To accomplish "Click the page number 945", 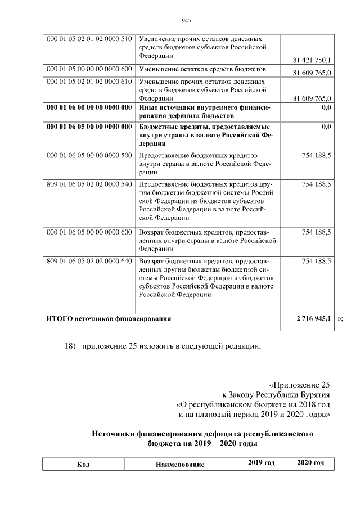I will pos(187,21).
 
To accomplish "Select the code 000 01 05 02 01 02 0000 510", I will pos(89,39).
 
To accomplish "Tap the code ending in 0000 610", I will pos(89,82).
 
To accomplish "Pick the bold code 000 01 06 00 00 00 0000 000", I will pos(89,107).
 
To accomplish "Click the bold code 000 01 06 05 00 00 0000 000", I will pos(89,128).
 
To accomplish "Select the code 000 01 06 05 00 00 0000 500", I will pos(89,155).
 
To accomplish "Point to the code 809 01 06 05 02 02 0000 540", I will pos(89,184).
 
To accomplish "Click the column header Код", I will pos(83,465).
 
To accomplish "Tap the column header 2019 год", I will pos(261,463).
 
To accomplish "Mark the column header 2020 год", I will pos(311,463).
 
